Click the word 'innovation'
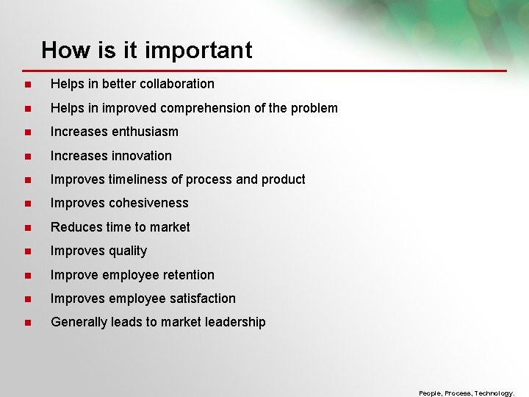pos(142,156)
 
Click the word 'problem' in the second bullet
pos(316,108)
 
